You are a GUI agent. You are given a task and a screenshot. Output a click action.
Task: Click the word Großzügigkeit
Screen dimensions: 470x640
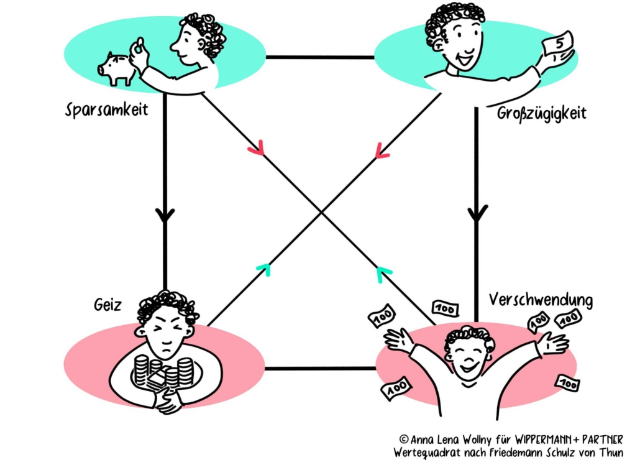542,114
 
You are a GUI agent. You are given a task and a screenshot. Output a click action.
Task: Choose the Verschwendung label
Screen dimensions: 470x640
541,300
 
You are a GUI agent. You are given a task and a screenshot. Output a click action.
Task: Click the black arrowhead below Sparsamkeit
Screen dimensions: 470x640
165,215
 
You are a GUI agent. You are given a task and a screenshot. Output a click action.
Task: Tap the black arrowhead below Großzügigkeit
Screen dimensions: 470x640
477,214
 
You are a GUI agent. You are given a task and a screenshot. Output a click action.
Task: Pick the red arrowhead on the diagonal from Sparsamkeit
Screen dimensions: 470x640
256,149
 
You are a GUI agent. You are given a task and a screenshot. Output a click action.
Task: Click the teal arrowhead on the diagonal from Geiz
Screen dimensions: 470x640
263,269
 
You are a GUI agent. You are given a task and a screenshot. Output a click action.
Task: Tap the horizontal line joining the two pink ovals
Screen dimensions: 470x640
320,369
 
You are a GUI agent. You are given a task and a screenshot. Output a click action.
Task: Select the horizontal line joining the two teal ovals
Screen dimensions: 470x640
320,57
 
